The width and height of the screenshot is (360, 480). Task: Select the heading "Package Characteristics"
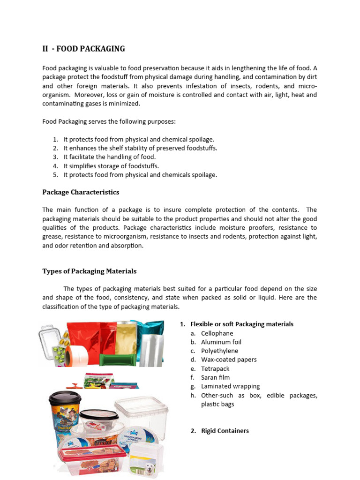coord(81,192)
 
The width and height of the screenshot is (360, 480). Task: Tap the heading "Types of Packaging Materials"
coord(89,271)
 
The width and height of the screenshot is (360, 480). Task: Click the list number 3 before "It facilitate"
coord(55,157)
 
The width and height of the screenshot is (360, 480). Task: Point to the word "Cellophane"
coord(217,333)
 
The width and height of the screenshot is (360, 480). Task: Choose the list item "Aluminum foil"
coord(221,342)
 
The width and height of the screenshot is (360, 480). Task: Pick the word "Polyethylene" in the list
coord(219,351)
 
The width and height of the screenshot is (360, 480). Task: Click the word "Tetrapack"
coord(215,369)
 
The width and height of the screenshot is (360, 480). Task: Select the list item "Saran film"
coord(215,378)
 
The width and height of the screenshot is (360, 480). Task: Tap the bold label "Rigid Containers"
coord(225,431)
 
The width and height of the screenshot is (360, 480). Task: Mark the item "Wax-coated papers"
coord(229,360)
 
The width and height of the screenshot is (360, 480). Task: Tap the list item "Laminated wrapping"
coord(230,387)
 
